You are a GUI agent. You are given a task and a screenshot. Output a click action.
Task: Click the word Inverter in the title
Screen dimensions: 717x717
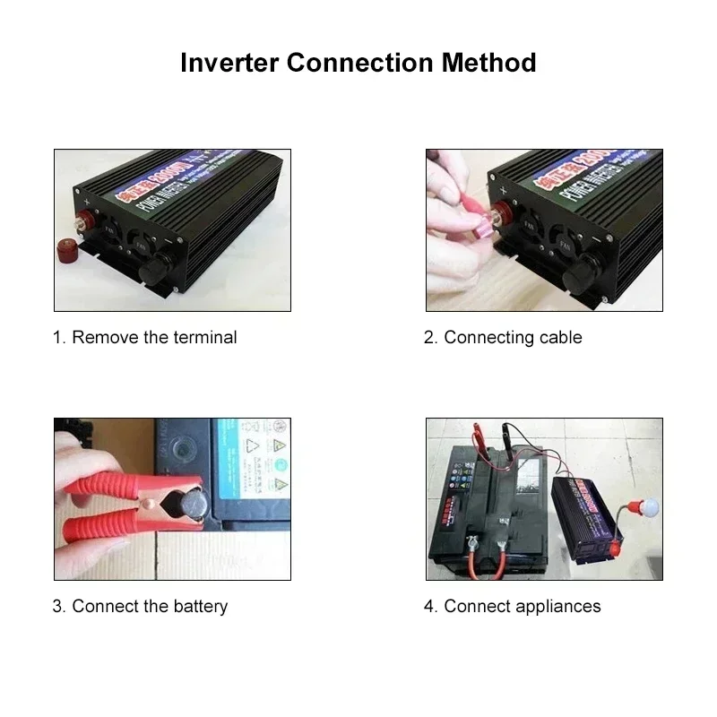[x=229, y=63]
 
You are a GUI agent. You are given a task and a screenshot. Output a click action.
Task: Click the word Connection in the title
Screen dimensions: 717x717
[x=358, y=63]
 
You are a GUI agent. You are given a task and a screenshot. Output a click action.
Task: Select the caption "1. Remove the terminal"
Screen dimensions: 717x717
[x=144, y=338]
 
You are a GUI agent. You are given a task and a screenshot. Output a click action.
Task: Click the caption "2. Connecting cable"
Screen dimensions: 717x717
[x=503, y=338]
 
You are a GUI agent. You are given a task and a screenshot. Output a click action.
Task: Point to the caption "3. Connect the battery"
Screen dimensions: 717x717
[x=140, y=607]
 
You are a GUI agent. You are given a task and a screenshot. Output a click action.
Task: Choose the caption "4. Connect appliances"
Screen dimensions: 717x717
[x=512, y=607]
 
